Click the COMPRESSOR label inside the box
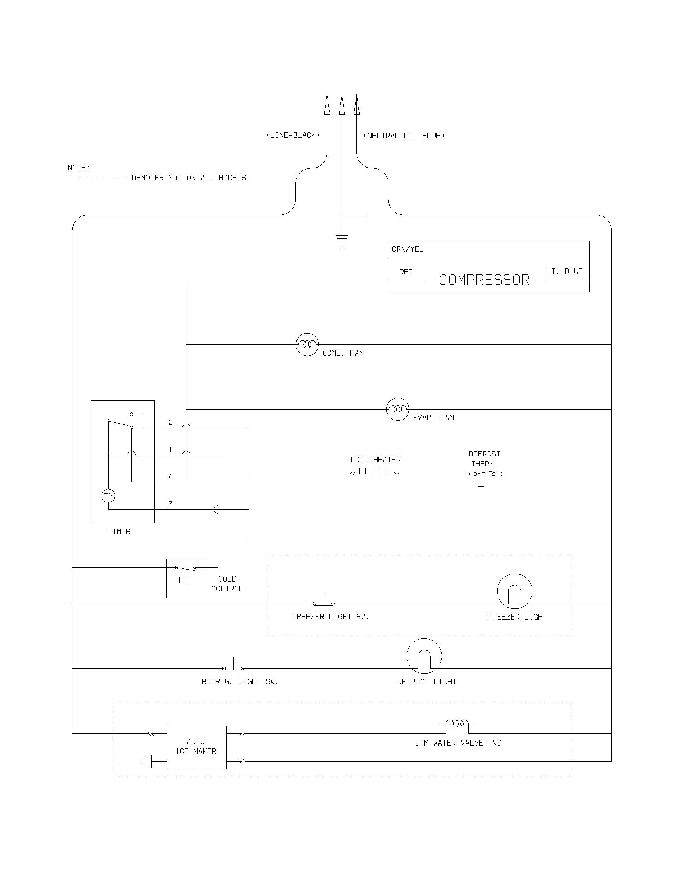484,280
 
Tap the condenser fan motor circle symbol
307,344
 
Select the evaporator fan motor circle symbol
398,409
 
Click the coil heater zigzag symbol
375,472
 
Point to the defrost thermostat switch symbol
484,476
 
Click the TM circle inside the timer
108,496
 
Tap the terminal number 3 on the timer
170,504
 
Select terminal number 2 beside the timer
170,422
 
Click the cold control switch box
186,578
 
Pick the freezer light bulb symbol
514,591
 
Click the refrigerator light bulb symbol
424,656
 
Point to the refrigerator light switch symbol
233,665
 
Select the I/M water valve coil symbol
457,724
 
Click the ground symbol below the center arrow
342,241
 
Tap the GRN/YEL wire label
407,250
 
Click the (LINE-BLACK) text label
293,135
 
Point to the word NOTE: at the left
79,168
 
